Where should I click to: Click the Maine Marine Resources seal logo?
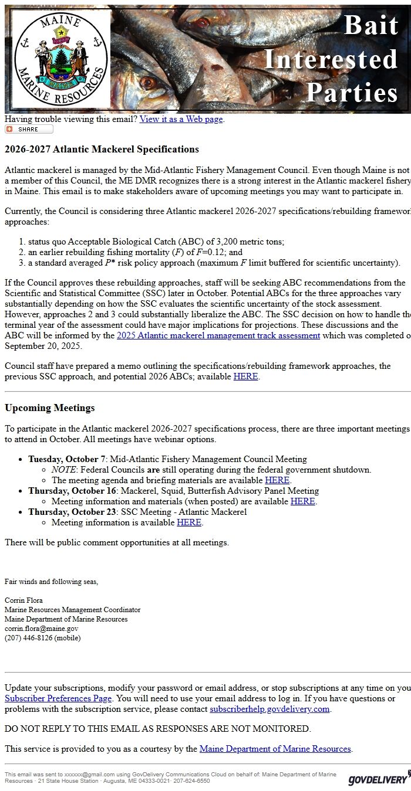[60, 59]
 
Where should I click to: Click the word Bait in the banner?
[371, 25]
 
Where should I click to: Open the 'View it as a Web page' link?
[181, 119]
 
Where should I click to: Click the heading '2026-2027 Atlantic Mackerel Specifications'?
[102, 150]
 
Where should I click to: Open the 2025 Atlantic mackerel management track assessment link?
[218, 335]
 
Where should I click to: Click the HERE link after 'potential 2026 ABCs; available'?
[245, 376]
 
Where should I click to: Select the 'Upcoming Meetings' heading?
[49, 408]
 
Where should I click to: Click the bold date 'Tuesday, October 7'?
[67, 459]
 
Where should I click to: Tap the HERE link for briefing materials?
[277, 480]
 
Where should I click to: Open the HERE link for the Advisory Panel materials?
[302, 501]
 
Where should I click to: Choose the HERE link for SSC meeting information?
[189, 522]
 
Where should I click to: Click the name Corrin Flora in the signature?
[23, 600]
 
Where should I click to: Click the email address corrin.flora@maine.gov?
[41, 629]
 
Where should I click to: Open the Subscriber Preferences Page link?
[58, 698]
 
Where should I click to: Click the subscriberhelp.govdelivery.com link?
[269, 709]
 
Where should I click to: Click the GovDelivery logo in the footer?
[378, 778]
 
